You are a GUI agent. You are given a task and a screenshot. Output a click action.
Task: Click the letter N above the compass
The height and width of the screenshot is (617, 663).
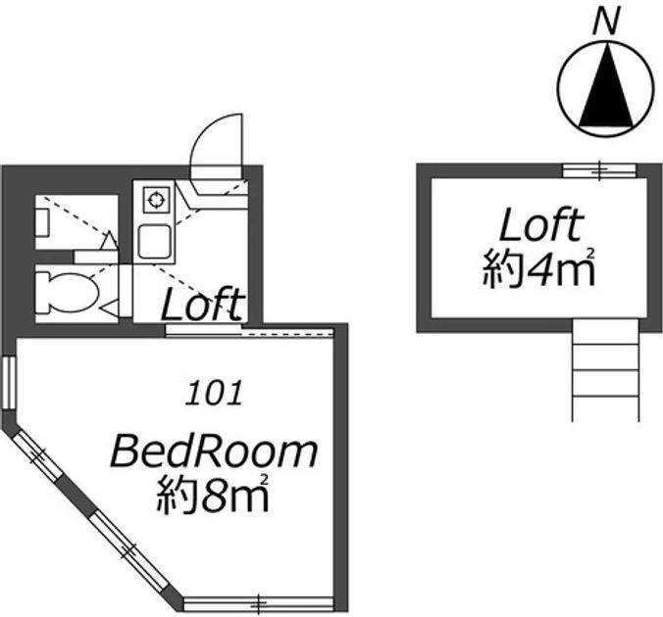point(606,22)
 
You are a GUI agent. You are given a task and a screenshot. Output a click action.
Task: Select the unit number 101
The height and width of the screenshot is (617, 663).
point(214,393)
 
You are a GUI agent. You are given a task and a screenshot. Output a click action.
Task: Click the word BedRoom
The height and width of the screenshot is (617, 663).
point(214,451)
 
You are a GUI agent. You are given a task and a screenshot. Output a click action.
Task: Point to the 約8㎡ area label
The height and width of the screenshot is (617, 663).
point(213,495)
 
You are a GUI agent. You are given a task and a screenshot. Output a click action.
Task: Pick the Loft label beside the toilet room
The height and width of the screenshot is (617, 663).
point(203,304)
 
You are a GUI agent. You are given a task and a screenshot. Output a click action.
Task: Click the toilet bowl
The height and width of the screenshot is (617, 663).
point(68,293)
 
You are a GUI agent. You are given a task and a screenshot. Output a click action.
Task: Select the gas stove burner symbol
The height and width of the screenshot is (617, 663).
point(155,200)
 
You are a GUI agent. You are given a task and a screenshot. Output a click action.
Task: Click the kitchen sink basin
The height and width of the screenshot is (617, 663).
point(155,242)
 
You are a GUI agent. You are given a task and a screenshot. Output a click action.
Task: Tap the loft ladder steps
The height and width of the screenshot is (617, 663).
point(605,370)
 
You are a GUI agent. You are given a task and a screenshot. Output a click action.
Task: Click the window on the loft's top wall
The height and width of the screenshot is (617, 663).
point(599,170)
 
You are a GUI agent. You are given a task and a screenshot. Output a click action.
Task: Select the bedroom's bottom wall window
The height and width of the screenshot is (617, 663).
point(258,604)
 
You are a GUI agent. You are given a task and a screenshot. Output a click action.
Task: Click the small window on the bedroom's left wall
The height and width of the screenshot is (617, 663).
point(9,383)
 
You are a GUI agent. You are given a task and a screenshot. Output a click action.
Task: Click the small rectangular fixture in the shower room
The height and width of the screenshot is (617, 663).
point(43,222)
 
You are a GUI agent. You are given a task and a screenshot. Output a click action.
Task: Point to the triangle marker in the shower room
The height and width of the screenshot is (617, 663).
point(109,240)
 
